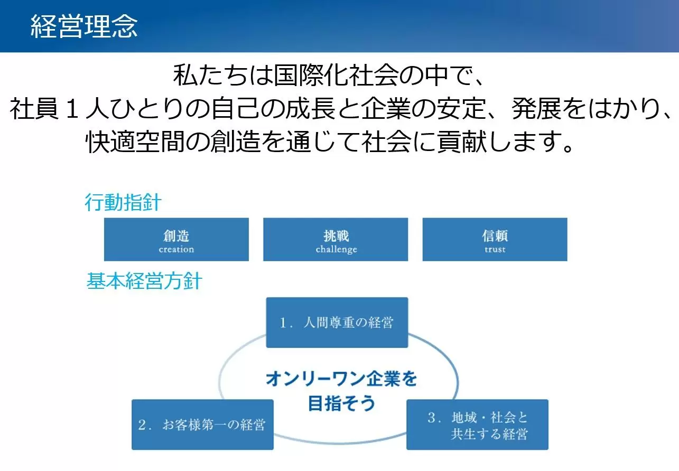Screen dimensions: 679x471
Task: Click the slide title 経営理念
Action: (x=84, y=26)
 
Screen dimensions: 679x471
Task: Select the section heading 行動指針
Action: (x=123, y=202)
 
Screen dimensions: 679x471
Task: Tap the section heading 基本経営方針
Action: (x=144, y=281)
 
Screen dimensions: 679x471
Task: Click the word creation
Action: (x=176, y=249)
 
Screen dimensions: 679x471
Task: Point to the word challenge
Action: (x=336, y=250)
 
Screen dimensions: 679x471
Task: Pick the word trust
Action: (x=495, y=250)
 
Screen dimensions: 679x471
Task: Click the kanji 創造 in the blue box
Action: (x=176, y=236)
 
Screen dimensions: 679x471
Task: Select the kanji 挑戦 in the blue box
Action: (x=336, y=236)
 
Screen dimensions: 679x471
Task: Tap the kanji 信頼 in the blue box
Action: (x=495, y=236)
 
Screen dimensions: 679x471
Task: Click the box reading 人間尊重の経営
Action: (x=337, y=323)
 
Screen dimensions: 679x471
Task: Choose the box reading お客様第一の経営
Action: (x=202, y=425)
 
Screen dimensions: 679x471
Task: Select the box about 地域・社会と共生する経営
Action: (x=478, y=425)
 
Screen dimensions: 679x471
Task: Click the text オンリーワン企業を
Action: (x=342, y=379)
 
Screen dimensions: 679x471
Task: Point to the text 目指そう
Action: (x=342, y=403)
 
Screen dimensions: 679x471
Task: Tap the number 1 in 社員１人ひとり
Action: (x=72, y=109)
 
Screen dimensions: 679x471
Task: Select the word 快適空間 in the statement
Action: (x=135, y=142)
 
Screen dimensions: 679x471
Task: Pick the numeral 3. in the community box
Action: (x=434, y=418)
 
